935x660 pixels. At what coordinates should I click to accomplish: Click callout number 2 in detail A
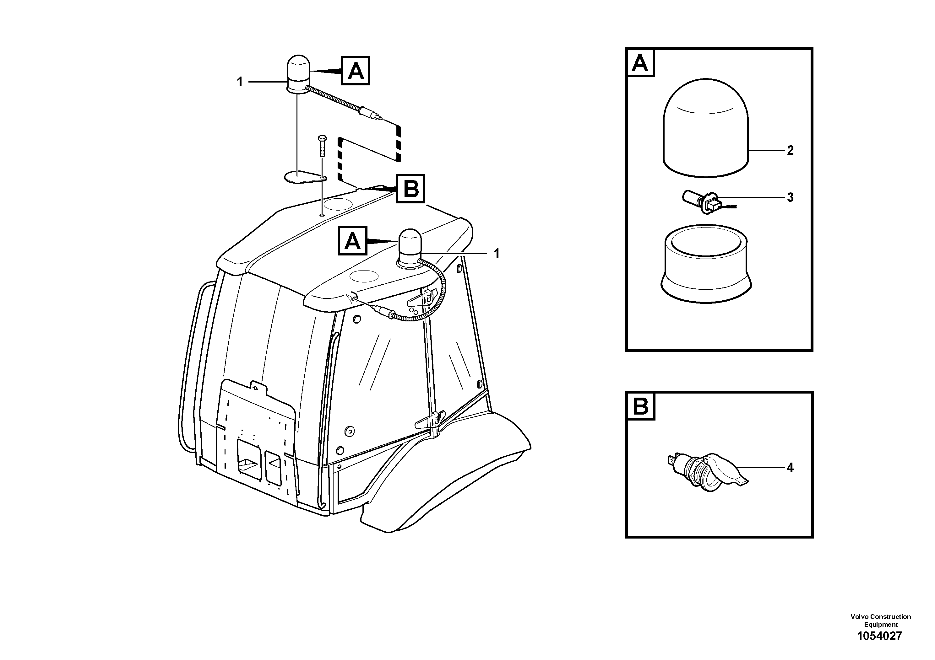(790, 151)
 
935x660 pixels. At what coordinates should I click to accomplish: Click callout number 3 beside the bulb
(790, 198)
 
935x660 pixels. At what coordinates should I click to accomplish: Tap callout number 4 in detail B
(790, 468)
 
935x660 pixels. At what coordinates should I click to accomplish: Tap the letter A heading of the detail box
(640, 63)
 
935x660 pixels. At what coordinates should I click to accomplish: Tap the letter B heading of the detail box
(641, 406)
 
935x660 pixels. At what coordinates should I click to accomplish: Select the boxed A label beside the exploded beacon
(356, 71)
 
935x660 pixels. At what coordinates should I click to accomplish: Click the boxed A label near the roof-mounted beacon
(353, 241)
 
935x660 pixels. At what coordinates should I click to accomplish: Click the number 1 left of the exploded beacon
(240, 82)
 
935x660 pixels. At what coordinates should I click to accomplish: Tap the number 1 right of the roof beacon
(497, 254)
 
